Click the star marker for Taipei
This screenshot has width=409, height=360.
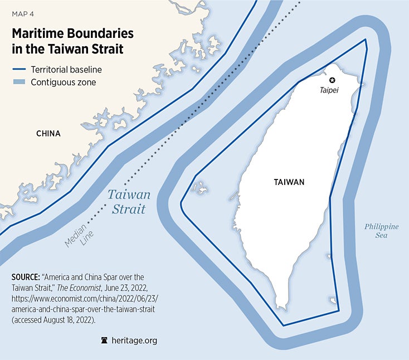[333, 80]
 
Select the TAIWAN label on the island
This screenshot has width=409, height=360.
[289, 182]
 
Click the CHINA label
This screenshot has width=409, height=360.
[48, 134]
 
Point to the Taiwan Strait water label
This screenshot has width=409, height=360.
[129, 202]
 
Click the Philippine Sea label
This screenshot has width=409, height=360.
[381, 231]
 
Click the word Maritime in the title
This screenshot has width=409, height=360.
[39, 33]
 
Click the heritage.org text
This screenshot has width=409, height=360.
[134, 340]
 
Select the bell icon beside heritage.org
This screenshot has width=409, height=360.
[103, 340]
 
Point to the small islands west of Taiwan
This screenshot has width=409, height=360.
[199, 187]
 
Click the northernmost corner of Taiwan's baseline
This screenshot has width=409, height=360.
[365, 40]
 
